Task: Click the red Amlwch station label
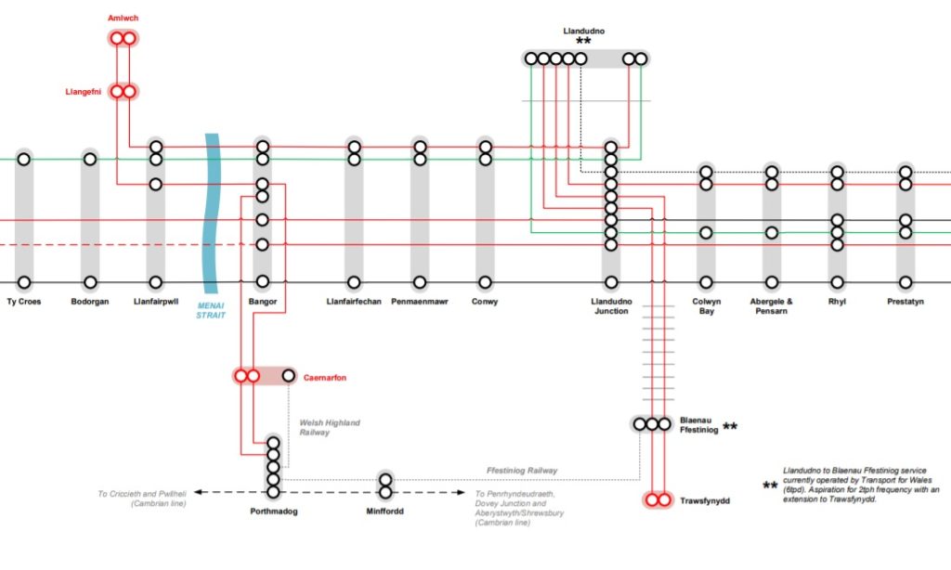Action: tap(123, 19)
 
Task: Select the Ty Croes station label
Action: tap(24, 302)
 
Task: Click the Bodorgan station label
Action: tap(90, 302)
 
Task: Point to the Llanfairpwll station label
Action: tap(156, 302)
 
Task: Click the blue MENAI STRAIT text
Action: tap(211, 309)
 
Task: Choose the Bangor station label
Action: tap(263, 302)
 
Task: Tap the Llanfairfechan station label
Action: tap(354, 302)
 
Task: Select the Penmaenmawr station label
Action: tap(420, 302)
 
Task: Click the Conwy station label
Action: tap(485, 302)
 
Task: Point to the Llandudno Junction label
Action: tap(610, 306)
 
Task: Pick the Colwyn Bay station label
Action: tap(706, 306)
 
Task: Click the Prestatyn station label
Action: tap(905, 302)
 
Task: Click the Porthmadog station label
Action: tap(273, 512)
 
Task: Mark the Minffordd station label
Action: tap(385, 512)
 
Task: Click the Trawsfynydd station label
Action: tap(706, 500)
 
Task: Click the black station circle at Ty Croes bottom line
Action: tap(24, 282)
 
